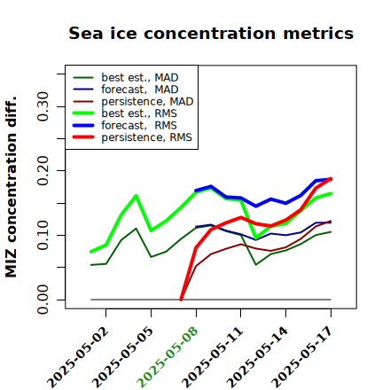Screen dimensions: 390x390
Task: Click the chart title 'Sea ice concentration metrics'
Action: coord(211,33)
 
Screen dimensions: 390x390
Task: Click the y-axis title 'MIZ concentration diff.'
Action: coord(11,187)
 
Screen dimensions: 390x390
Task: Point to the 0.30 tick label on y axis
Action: coord(43,106)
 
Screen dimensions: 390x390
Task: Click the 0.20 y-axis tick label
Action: coord(43,171)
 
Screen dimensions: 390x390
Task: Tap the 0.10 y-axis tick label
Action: coord(43,235)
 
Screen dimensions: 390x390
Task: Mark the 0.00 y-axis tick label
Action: coord(43,300)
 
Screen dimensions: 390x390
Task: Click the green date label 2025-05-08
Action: coord(168,357)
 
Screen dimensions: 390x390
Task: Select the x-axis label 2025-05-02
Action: coord(77,357)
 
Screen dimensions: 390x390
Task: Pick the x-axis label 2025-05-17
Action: coord(302,357)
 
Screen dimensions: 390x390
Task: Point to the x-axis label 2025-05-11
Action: coord(213,357)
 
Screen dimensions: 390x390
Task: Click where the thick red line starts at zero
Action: coord(181,300)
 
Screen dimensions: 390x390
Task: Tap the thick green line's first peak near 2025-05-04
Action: coord(136,196)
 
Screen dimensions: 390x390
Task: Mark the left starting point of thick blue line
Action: coord(196,191)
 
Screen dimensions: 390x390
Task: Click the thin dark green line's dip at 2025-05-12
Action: coord(256,264)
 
